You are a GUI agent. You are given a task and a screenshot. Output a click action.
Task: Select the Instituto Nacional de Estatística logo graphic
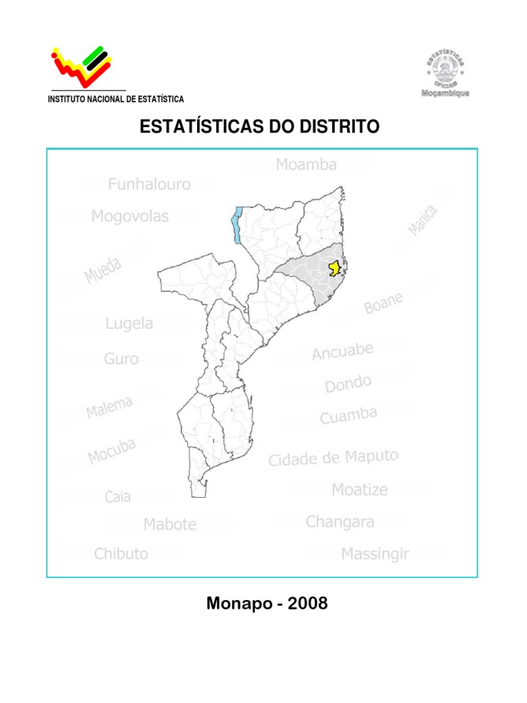coord(83,66)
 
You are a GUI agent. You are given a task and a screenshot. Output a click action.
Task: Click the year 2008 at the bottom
coord(308,604)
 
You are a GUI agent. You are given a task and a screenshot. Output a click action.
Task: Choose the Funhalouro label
coord(150,185)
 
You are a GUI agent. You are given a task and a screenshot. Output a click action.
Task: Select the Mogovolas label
coord(130,217)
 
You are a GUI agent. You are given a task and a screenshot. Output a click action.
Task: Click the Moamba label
coord(307,165)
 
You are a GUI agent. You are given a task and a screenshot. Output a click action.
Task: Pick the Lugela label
coord(129,323)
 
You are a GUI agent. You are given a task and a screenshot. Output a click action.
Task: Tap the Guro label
coord(121,358)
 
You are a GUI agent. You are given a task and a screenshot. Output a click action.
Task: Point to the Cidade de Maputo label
coord(333,458)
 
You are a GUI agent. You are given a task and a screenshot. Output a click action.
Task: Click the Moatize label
coord(360,489)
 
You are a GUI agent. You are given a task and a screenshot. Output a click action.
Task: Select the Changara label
coord(340,522)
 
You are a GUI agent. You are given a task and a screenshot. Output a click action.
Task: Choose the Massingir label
coord(375,553)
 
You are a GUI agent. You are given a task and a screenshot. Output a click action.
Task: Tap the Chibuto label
coord(121,553)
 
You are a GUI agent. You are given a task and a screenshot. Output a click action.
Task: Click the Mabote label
coord(169,525)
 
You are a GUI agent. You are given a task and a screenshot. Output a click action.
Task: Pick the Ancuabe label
coord(342,351)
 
